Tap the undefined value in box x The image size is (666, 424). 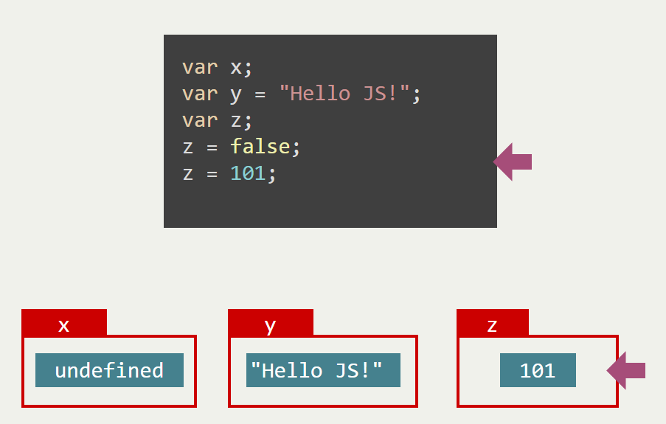109,370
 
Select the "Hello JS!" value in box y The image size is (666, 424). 323,370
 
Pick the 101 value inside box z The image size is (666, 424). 538,370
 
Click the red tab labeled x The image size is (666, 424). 64,324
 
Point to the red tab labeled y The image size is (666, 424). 271,324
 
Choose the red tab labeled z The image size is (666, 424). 493,324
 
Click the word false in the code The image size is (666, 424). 260,147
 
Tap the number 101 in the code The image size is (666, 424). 248,173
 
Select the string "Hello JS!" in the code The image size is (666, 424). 344,94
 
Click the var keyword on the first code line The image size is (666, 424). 200,67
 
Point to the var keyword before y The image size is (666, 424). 200,94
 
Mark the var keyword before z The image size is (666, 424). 200,120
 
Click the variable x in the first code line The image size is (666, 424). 236,67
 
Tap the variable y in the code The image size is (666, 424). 236,94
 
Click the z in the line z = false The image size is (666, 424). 188,147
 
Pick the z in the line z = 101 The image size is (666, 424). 188,173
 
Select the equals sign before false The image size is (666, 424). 212,147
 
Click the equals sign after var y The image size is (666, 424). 260,94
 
